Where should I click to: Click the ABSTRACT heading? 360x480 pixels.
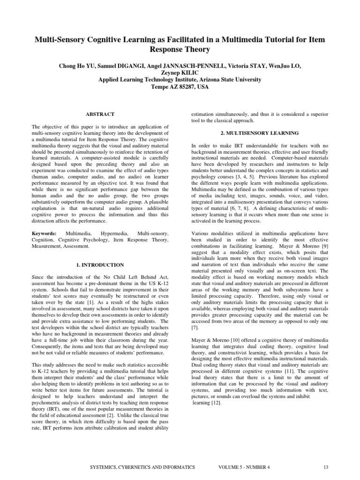(100, 114)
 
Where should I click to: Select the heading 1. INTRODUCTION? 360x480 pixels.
(100, 265)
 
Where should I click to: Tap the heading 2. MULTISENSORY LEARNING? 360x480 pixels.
(259, 133)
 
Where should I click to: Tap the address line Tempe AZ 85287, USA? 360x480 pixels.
(180, 87)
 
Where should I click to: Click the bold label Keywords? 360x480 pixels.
(44, 233)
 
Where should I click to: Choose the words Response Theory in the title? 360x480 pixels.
(180, 49)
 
